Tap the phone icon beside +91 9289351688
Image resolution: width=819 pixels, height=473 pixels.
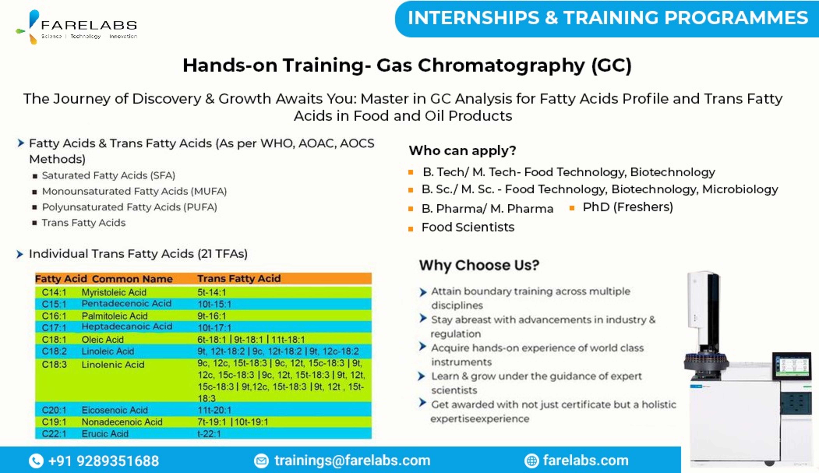36,461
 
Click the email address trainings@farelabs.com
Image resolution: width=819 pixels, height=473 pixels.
352,460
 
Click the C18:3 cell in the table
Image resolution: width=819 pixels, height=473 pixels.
54,364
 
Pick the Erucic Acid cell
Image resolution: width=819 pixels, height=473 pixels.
105,434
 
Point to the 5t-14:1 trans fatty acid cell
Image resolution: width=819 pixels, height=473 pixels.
211,292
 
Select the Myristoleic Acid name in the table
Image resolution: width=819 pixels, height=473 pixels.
114,292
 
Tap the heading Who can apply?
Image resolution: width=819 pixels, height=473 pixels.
462,150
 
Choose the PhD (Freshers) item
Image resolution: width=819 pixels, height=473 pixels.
628,207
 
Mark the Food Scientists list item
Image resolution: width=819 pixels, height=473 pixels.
468,227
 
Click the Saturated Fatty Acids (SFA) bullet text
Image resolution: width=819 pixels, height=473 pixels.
109,175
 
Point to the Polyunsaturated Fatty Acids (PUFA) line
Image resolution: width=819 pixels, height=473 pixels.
130,207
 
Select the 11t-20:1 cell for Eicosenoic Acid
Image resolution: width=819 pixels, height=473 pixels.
214,410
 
